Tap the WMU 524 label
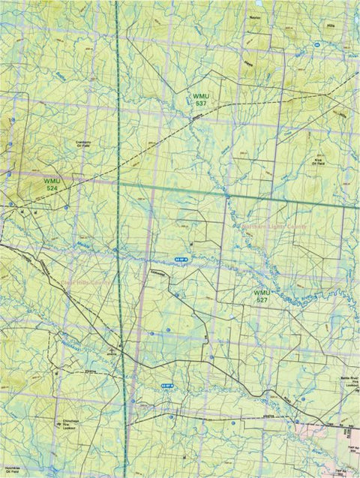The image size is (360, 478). click(51, 184)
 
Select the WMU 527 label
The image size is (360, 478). click(261, 296)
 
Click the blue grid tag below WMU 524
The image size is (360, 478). click(181, 259)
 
